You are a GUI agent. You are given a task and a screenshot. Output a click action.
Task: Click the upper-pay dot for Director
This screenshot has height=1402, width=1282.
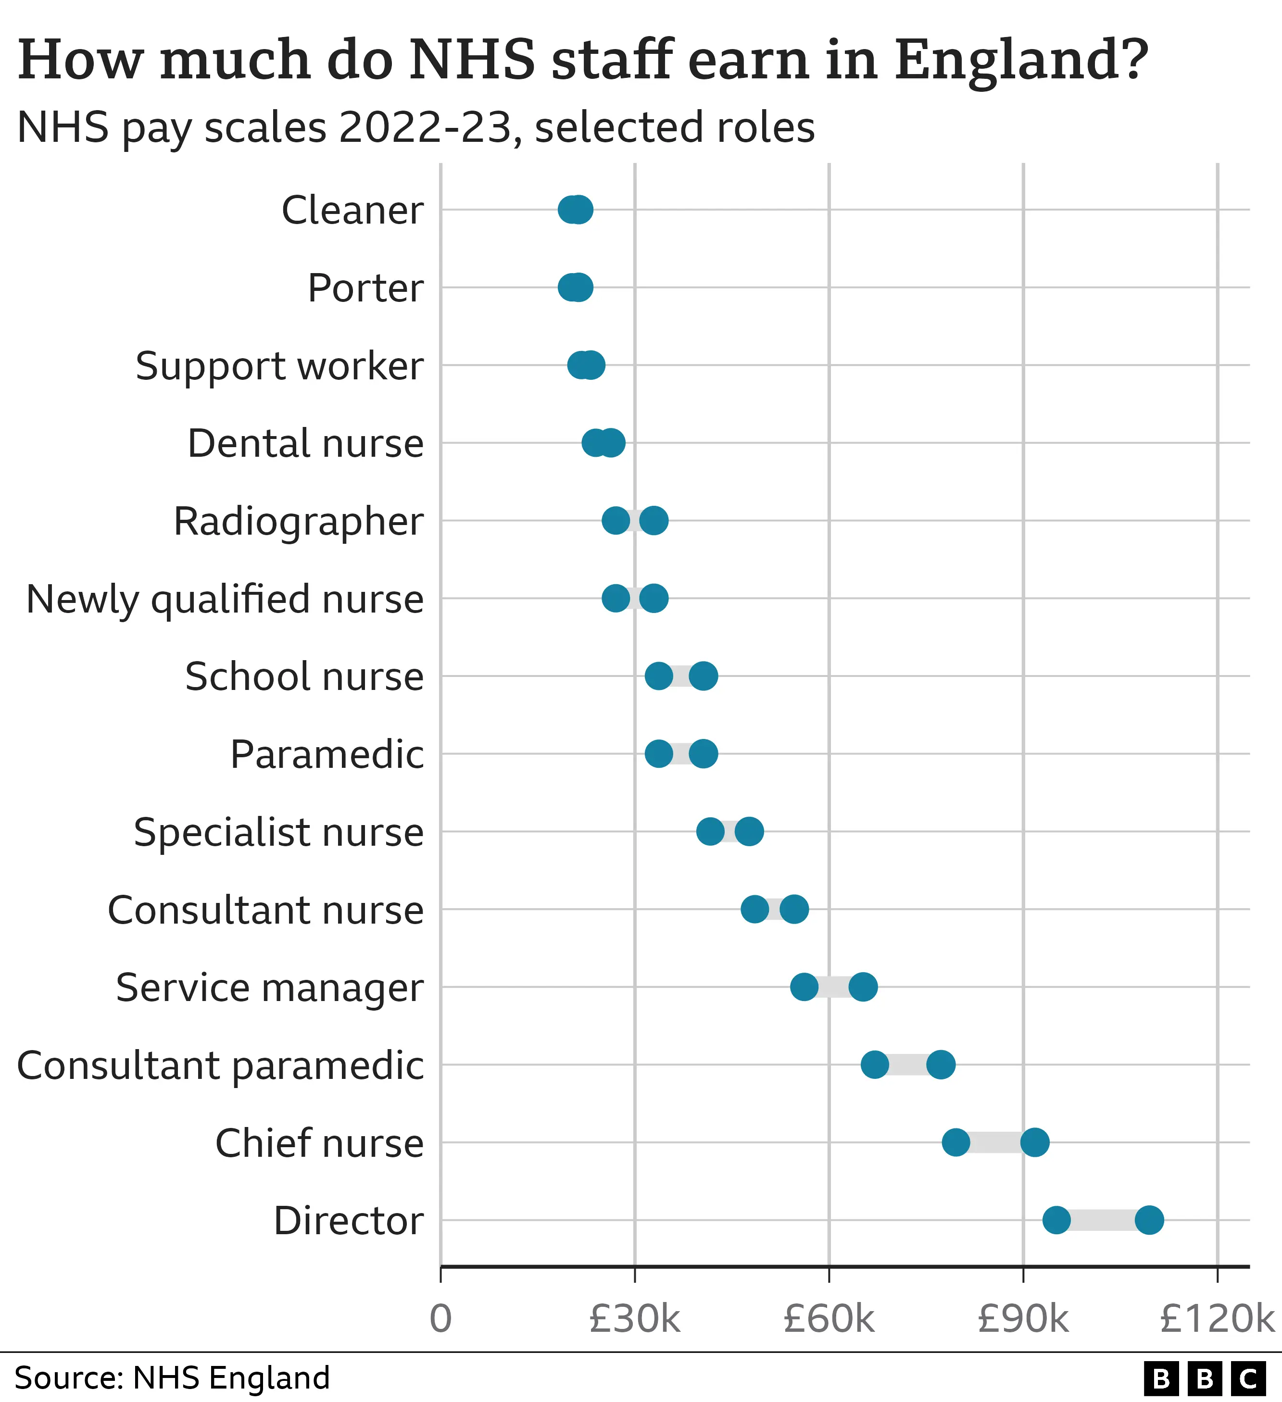point(1149,1220)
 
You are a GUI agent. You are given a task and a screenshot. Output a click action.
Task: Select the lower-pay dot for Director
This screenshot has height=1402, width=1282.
point(1056,1220)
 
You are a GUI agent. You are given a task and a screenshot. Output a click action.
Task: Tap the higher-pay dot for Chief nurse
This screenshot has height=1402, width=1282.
point(1034,1142)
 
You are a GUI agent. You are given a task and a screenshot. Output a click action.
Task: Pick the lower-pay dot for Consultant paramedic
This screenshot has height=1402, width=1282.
point(874,1064)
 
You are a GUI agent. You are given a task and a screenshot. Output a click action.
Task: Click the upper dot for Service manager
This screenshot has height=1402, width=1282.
point(863,987)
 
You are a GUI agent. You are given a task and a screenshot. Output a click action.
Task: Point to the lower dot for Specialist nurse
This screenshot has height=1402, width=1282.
point(709,831)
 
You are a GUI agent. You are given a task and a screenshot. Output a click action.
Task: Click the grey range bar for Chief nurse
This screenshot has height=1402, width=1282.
point(995,1142)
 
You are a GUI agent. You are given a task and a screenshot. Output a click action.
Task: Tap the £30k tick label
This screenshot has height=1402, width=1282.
point(634,1318)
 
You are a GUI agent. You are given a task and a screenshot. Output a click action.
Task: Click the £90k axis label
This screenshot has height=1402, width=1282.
point(1022,1318)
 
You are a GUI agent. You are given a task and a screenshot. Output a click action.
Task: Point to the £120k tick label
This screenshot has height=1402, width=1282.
point(1217,1318)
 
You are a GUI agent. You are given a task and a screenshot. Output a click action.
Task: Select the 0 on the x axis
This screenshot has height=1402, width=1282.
point(440,1318)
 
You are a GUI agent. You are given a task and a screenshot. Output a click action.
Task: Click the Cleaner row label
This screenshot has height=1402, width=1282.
point(352,210)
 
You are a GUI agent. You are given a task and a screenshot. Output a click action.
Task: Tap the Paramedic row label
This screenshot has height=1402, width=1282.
point(327,754)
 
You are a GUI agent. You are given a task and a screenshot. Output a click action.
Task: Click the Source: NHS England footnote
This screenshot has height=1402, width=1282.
point(172,1377)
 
